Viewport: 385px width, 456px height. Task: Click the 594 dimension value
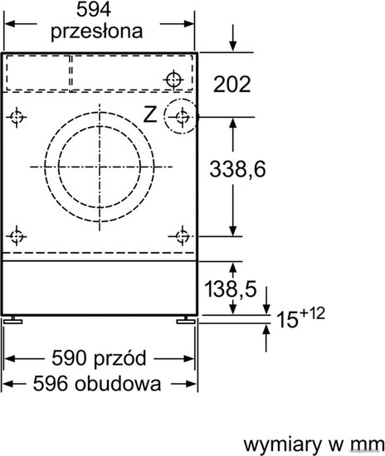pos(94,10)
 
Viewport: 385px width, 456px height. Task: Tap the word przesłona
pos(96,32)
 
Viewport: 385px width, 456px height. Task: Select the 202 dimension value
pos(231,85)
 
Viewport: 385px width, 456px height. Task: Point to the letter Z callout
pos(150,114)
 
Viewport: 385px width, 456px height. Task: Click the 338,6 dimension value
pos(237,169)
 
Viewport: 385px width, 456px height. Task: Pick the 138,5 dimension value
pos(231,289)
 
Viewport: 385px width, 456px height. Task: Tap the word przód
pos(119,358)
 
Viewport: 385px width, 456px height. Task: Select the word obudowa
pos(118,384)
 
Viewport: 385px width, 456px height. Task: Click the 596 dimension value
pos(50,384)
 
